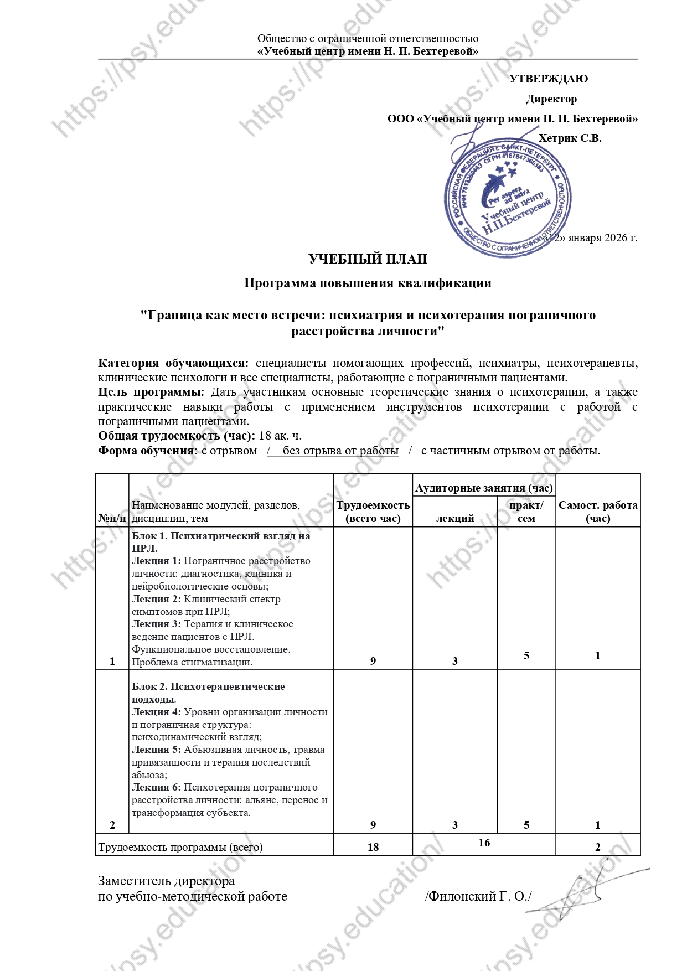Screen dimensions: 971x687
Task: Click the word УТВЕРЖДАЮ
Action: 548,79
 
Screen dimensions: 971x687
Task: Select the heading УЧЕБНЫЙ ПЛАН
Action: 368,259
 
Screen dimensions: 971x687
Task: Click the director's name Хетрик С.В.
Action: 570,138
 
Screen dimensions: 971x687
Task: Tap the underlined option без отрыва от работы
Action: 340,451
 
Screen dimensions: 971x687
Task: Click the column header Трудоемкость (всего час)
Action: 373,512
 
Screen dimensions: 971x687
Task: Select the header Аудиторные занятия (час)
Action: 484,488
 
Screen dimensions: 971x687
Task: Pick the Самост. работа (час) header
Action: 598,512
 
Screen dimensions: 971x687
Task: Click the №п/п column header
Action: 112,519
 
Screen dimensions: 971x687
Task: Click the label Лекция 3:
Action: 156,624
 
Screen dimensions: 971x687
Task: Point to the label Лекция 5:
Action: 156,750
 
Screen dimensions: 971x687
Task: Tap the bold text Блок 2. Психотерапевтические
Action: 208,686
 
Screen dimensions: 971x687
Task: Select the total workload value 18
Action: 373,847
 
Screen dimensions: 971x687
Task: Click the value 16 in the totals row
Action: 484,843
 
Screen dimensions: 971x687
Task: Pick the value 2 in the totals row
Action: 598,847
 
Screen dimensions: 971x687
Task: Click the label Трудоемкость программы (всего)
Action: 180,847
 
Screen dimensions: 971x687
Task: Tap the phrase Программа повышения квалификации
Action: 368,283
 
